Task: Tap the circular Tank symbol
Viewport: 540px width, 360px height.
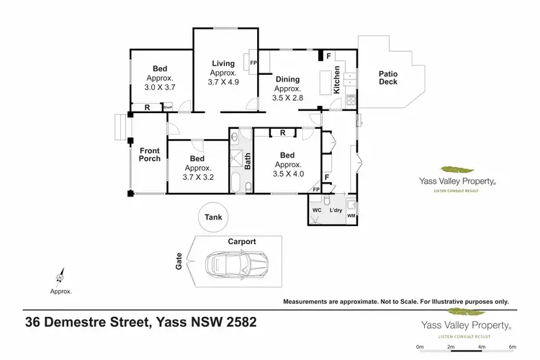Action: [x=213, y=217]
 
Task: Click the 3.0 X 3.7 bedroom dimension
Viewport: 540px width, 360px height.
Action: [x=161, y=86]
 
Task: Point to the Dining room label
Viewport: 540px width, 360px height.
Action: [x=287, y=80]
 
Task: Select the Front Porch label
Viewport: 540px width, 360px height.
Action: [x=150, y=156]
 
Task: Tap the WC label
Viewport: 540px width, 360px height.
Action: [x=315, y=210]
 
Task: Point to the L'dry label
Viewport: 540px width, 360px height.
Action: [x=335, y=210]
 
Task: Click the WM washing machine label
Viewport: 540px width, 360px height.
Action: [x=351, y=215]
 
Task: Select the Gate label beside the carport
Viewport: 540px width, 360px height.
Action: [x=179, y=264]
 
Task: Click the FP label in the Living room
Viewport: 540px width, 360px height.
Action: [x=253, y=63]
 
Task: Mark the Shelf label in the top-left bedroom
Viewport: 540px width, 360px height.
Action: [x=168, y=107]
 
